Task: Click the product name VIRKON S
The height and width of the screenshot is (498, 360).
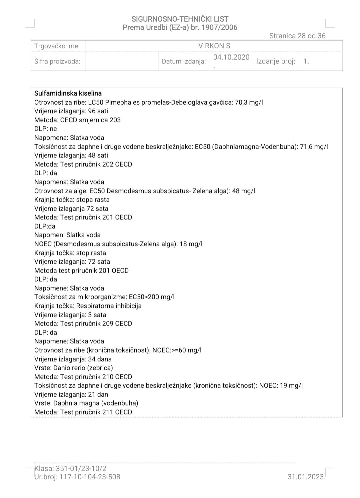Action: [x=214, y=46]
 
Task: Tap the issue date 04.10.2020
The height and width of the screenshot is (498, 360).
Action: [x=231, y=57]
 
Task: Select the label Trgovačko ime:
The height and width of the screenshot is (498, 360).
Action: [x=57, y=46]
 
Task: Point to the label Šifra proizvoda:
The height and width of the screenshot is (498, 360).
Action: [x=57, y=61]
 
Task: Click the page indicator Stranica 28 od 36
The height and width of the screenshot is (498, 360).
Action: [x=297, y=36]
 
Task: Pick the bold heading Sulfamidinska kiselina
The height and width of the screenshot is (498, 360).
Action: [x=68, y=94]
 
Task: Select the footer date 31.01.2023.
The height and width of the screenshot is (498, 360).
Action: [x=306, y=477]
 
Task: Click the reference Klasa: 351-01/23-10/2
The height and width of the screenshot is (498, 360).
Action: [x=70, y=469]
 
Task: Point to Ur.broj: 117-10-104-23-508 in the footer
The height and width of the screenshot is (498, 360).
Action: [x=77, y=477]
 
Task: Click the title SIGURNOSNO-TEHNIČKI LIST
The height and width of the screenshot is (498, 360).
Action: [x=180, y=19]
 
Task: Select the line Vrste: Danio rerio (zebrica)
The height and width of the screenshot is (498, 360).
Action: [x=74, y=368]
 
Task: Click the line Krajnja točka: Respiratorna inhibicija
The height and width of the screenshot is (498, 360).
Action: [x=88, y=306]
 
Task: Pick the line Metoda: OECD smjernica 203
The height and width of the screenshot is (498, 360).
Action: [x=78, y=120]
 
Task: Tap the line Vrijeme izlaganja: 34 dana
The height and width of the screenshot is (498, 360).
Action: [x=73, y=359]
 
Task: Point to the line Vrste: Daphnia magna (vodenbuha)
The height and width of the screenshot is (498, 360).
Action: [x=86, y=403]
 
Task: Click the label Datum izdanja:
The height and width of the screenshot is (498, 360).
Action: [x=184, y=61]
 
